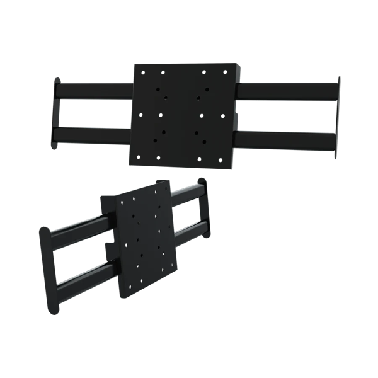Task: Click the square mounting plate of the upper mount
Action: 183,113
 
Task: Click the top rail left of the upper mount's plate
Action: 94,91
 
